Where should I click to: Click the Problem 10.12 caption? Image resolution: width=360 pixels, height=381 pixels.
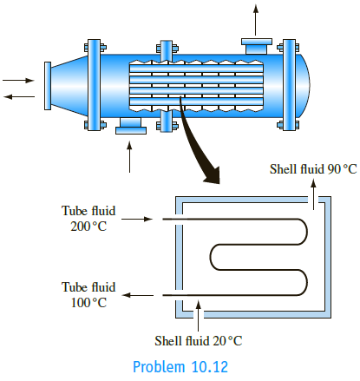tap(180, 366)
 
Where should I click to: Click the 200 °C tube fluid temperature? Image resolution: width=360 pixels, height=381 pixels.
tap(88, 227)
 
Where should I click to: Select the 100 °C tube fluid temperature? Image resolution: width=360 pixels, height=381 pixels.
tap(88, 303)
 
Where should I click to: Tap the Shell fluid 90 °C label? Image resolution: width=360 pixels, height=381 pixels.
tap(313, 169)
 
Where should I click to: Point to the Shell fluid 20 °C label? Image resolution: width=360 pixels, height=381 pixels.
tap(199, 340)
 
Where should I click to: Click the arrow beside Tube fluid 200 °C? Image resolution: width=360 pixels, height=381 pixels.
tap(137, 219)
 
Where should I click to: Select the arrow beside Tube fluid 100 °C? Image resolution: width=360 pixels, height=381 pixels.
tap(138, 295)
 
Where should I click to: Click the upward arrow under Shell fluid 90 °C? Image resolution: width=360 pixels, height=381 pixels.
tap(313, 194)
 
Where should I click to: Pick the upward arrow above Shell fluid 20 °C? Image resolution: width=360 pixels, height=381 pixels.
tap(198, 316)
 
